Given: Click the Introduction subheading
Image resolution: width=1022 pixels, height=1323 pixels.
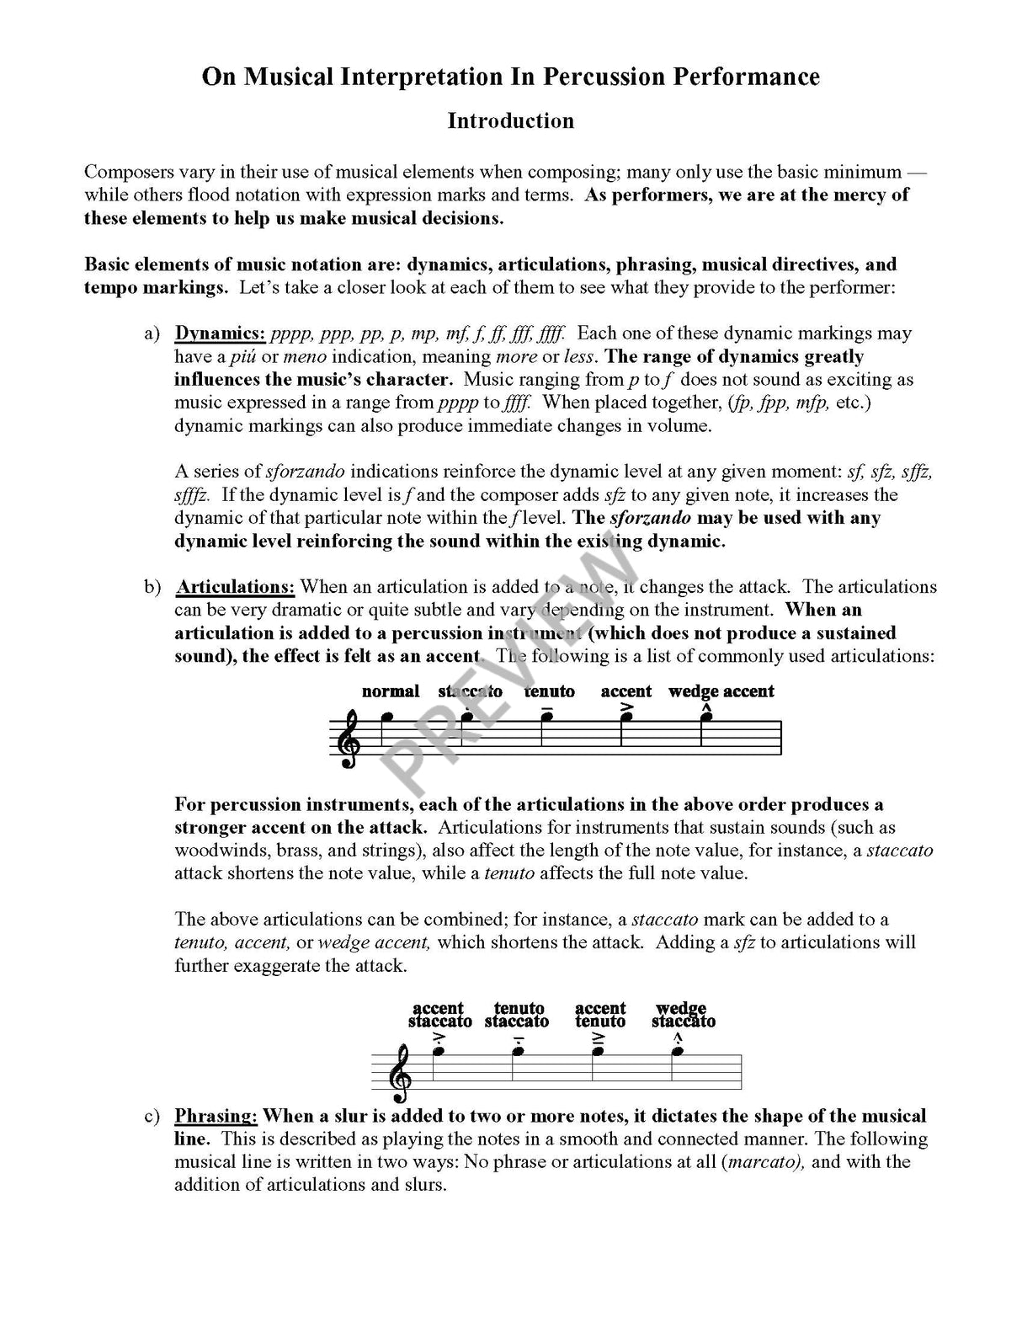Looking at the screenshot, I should [510, 120].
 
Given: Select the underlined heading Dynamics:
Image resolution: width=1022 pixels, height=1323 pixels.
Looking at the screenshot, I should [220, 333].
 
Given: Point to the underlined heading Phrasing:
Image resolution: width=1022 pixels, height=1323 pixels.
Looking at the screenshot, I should [215, 1116].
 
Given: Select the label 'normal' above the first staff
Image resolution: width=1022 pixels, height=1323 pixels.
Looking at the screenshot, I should [390, 691].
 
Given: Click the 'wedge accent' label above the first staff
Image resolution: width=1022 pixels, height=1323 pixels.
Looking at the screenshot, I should [721, 691].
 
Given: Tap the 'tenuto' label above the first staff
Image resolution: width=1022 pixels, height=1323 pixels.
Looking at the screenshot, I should [549, 691].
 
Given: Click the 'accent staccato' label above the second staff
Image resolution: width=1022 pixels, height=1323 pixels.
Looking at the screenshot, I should [439, 1015].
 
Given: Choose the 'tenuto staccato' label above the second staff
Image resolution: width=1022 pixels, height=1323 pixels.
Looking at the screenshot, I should [517, 1015].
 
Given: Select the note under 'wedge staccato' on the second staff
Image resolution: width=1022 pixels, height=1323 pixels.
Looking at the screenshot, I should [678, 1051].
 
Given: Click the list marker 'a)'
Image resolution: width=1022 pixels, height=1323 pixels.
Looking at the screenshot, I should [152, 333].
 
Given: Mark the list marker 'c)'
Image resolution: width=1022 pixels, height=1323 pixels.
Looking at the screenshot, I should [152, 1116].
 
